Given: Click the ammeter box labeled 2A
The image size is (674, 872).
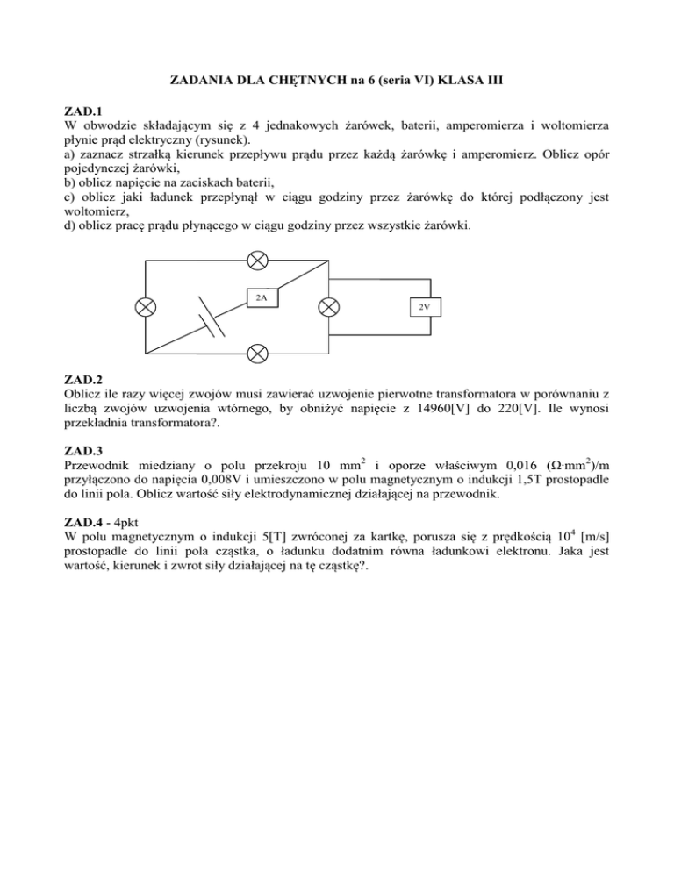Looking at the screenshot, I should (x=262, y=297).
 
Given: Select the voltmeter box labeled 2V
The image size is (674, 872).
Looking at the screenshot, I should (x=424, y=306).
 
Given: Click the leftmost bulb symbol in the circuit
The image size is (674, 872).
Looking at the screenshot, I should (x=146, y=307).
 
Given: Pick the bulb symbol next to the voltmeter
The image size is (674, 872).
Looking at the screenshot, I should (x=328, y=307).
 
